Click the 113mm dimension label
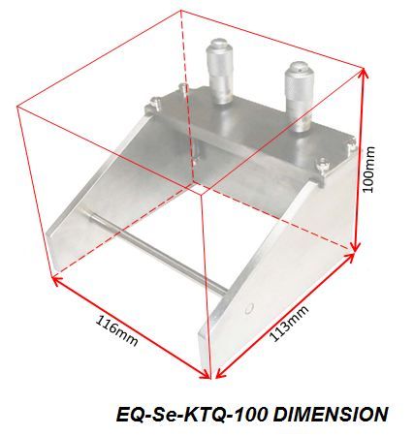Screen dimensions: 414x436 click(289, 324)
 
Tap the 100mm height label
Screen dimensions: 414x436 click(368, 169)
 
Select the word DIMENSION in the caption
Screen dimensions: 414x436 click(331, 414)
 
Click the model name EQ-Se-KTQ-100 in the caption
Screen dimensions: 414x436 click(192, 414)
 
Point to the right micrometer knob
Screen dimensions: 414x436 click(300, 96)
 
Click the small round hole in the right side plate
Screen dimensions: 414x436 click(248, 309)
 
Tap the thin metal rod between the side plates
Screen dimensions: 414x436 click(153, 251)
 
